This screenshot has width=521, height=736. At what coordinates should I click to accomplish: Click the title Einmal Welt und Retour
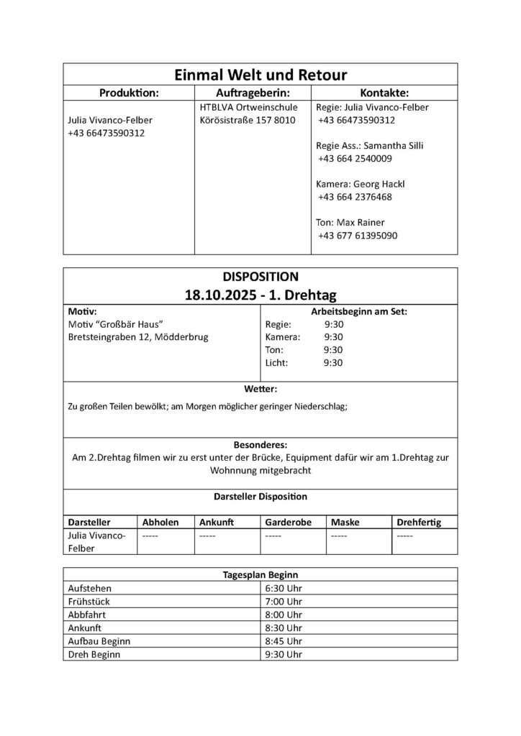(260, 75)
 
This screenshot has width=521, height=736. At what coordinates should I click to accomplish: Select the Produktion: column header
(129, 93)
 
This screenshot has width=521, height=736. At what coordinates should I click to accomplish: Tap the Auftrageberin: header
(253, 93)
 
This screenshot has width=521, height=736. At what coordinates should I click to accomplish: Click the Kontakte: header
(384, 93)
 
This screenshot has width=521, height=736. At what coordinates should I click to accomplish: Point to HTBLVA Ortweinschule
(238, 107)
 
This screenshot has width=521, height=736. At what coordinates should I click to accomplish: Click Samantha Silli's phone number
(355, 158)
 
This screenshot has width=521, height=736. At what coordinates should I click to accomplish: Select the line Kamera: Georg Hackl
(356, 184)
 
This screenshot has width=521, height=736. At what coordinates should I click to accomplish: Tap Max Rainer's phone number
(358, 235)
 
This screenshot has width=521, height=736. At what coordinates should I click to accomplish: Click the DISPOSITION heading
(260, 275)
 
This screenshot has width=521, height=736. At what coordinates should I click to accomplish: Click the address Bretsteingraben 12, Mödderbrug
(137, 337)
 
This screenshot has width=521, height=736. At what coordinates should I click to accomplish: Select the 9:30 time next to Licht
(333, 363)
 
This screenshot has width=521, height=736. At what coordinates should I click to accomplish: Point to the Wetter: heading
(260, 389)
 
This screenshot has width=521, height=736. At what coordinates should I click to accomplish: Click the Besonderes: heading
(260, 444)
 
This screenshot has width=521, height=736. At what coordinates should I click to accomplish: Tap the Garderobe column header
(288, 522)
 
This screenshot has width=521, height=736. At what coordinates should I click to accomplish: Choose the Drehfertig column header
(418, 522)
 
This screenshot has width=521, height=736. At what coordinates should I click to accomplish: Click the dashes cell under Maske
(339, 535)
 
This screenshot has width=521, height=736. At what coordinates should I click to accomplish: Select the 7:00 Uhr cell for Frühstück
(284, 601)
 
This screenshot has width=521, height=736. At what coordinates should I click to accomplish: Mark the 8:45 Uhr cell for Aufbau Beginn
(284, 641)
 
